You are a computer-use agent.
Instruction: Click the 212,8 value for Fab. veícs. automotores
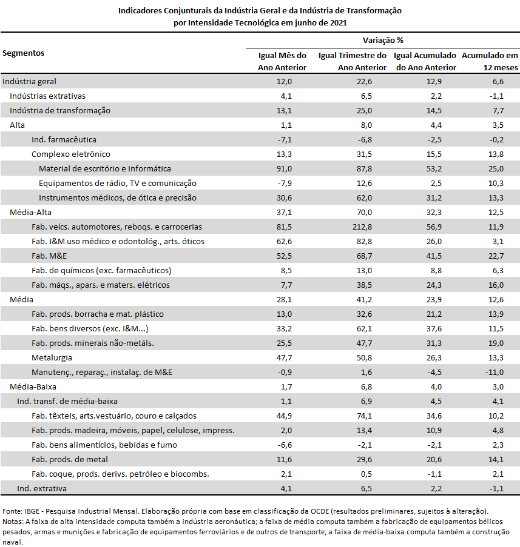click(362, 227)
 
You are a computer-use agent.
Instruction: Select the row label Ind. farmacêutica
click(64, 140)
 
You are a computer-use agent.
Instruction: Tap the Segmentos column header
click(24, 53)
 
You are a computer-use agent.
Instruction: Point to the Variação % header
click(383, 41)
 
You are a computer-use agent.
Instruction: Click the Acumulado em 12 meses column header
click(490, 61)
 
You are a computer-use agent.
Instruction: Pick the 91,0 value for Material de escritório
click(284, 169)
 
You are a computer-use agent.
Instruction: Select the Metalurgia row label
click(52, 358)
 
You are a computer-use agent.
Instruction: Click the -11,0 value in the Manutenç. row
click(494, 373)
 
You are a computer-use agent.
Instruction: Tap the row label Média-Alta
click(31, 213)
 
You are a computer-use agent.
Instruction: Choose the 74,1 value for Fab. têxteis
click(364, 416)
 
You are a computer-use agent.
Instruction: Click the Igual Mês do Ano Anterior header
click(282, 61)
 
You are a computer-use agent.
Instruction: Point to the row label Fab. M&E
click(49, 256)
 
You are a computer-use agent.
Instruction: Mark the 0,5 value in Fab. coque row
click(366, 474)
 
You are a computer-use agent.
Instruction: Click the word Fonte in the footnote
click(12, 511)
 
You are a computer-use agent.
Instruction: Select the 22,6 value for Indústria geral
click(364, 82)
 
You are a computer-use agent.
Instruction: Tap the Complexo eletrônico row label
click(71, 154)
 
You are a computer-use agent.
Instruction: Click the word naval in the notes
click(12, 542)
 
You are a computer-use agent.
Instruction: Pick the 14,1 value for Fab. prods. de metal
click(496, 460)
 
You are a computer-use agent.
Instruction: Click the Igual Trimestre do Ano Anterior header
click(353, 61)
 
